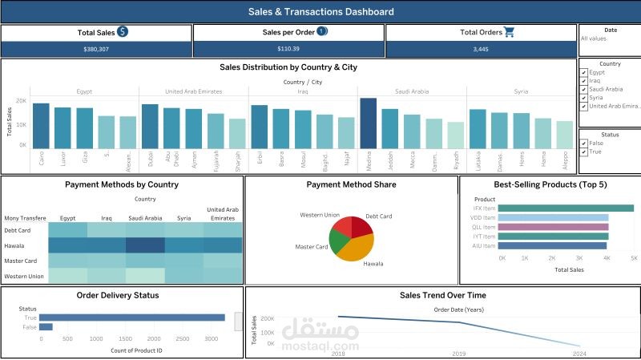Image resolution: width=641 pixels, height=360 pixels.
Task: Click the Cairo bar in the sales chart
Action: pyautogui.click(x=41, y=126)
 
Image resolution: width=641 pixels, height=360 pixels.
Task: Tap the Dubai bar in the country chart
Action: pyautogui.click(x=150, y=127)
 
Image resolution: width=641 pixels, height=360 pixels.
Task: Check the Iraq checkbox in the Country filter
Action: pyautogui.click(x=584, y=81)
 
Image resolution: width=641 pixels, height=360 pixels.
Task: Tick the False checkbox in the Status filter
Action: pyautogui.click(x=584, y=144)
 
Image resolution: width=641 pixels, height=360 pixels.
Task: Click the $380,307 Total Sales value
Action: pyautogui.click(x=96, y=49)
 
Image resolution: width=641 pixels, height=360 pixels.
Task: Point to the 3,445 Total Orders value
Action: pyautogui.click(x=482, y=49)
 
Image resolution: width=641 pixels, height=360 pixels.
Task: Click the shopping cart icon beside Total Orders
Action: pyautogui.click(x=509, y=32)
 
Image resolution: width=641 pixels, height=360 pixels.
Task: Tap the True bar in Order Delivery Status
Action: pyautogui.click(x=132, y=317)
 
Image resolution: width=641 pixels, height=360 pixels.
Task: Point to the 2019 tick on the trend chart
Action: pyautogui.click(x=458, y=353)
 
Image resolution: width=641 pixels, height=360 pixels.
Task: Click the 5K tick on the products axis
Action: pyautogui.click(x=633, y=259)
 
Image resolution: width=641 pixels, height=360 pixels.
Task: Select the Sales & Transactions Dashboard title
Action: pyautogui.click(x=320, y=12)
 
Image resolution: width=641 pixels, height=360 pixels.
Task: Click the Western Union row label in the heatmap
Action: pyautogui.click(x=24, y=277)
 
